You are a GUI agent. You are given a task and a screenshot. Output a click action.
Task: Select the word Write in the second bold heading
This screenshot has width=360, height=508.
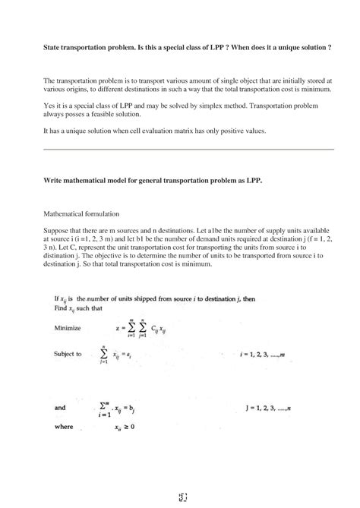pyautogui.click(x=51, y=182)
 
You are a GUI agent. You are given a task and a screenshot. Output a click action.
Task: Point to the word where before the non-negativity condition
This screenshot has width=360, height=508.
pyautogui.click(x=64, y=427)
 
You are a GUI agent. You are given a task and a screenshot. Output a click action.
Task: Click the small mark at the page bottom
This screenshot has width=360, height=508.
pyautogui.click(x=182, y=497)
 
